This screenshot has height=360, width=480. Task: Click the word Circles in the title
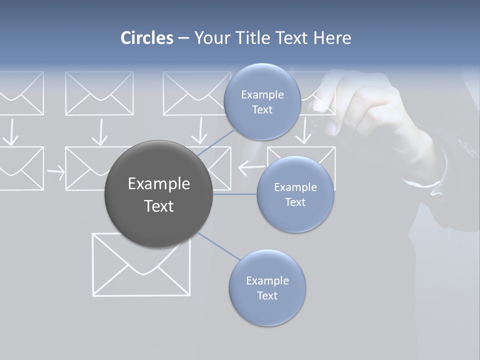tap(146, 38)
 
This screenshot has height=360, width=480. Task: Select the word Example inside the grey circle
tap(159, 184)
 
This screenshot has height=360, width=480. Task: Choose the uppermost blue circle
tap(261, 102)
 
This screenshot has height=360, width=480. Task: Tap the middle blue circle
tap(295, 194)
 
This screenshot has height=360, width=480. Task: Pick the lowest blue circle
tap(267, 288)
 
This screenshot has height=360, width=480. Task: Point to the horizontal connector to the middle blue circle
tap(234, 194)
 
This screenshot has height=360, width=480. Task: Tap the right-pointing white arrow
tap(55, 172)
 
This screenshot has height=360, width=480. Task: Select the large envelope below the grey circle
tap(141, 265)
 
